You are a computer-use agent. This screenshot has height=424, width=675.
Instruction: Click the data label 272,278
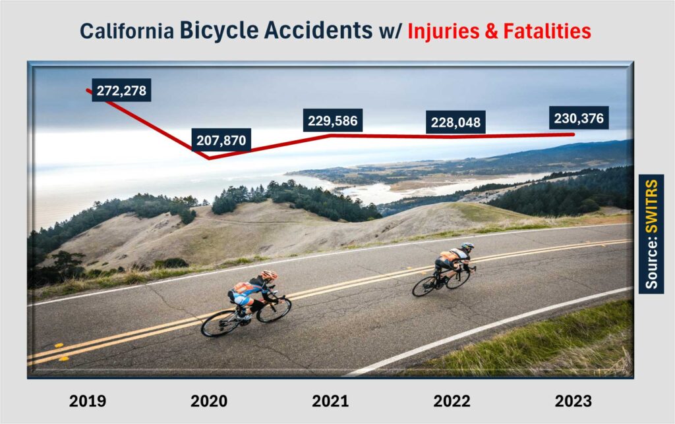click(121, 90)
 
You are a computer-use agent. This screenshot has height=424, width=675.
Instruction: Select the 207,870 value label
click(221, 140)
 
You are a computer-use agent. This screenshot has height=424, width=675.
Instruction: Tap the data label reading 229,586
click(333, 120)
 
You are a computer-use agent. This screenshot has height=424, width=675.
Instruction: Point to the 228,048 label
click(456, 122)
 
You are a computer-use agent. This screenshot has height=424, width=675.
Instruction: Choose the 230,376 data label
click(579, 118)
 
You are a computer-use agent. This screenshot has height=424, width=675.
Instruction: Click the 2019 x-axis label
click(88, 401)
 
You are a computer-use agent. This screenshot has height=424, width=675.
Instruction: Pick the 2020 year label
click(209, 401)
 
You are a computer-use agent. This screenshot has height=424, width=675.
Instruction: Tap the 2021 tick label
click(331, 401)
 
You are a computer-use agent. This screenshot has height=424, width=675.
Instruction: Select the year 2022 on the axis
click(452, 401)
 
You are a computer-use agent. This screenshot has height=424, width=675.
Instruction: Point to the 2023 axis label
click(573, 401)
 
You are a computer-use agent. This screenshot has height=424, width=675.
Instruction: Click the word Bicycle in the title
click(219, 30)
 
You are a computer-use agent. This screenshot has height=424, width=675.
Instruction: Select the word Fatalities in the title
click(547, 31)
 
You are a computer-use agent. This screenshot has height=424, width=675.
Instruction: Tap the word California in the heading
click(127, 32)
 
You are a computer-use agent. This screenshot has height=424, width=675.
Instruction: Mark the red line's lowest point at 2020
click(210, 158)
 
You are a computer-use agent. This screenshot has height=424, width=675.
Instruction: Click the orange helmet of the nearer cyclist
click(269, 275)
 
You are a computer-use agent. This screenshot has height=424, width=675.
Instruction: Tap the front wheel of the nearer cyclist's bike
click(274, 309)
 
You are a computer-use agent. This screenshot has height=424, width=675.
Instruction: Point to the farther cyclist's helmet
click(467, 247)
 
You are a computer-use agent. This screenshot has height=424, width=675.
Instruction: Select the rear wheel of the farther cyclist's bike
click(425, 286)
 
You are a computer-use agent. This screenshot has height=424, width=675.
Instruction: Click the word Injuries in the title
click(444, 32)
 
